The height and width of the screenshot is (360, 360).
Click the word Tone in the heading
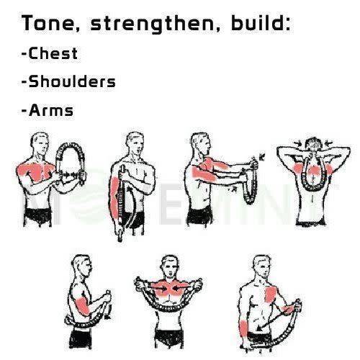click(x=48, y=23)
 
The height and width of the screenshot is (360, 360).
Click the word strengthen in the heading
click(x=152, y=24)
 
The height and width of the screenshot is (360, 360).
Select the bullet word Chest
click(x=53, y=53)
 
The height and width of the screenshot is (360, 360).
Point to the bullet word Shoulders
click(x=72, y=81)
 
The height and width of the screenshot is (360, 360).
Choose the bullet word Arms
click(x=51, y=110)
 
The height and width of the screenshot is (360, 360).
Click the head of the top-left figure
click(x=40, y=143)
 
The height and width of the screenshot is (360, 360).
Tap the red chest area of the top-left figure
click(x=36, y=171)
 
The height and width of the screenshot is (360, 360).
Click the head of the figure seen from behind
click(x=313, y=145)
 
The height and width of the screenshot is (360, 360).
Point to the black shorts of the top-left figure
click(x=38, y=216)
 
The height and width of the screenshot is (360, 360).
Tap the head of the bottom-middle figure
click(x=170, y=266)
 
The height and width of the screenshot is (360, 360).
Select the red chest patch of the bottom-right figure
click(x=271, y=294)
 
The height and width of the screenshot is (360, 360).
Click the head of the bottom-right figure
click(x=262, y=267)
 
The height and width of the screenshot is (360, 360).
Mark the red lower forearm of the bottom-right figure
click(x=244, y=328)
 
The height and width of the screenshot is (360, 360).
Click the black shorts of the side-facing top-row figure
click(x=199, y=215)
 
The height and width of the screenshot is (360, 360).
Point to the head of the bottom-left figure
click(x=81, y=266)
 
